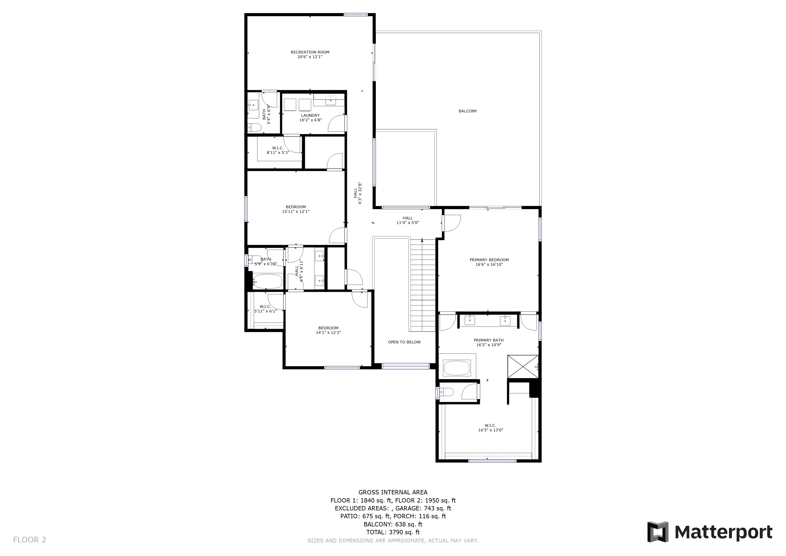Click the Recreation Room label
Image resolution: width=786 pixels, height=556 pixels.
310,52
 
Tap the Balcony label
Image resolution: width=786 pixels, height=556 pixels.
468,111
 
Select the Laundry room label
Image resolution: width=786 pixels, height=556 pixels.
310,115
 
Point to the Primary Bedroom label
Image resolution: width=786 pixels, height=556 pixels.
489,260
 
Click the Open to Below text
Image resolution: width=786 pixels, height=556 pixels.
404,342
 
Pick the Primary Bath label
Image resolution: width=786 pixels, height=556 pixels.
489,340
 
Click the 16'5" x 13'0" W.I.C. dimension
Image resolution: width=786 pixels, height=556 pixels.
490,430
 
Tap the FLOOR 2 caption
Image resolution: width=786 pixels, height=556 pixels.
29,540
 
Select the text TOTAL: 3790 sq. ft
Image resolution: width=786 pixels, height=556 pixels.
393,532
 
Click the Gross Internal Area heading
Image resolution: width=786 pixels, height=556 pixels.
393,492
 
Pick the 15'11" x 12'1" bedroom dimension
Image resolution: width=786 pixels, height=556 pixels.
296,211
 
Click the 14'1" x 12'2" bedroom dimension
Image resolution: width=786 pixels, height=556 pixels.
328,333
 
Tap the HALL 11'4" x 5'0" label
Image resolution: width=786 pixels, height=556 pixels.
408,220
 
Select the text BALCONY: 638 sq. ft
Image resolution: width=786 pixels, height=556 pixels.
393,524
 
